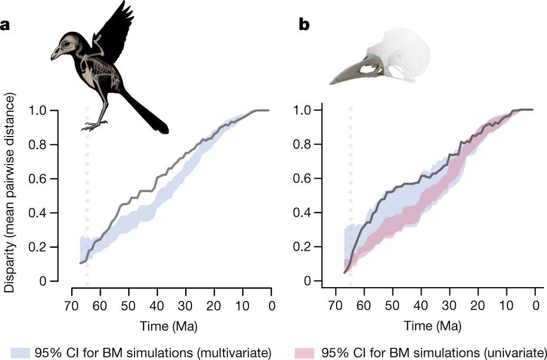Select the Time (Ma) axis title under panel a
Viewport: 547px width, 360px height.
click(x=169, y=326)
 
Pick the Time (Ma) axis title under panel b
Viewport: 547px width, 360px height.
click(x=433, y=326)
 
